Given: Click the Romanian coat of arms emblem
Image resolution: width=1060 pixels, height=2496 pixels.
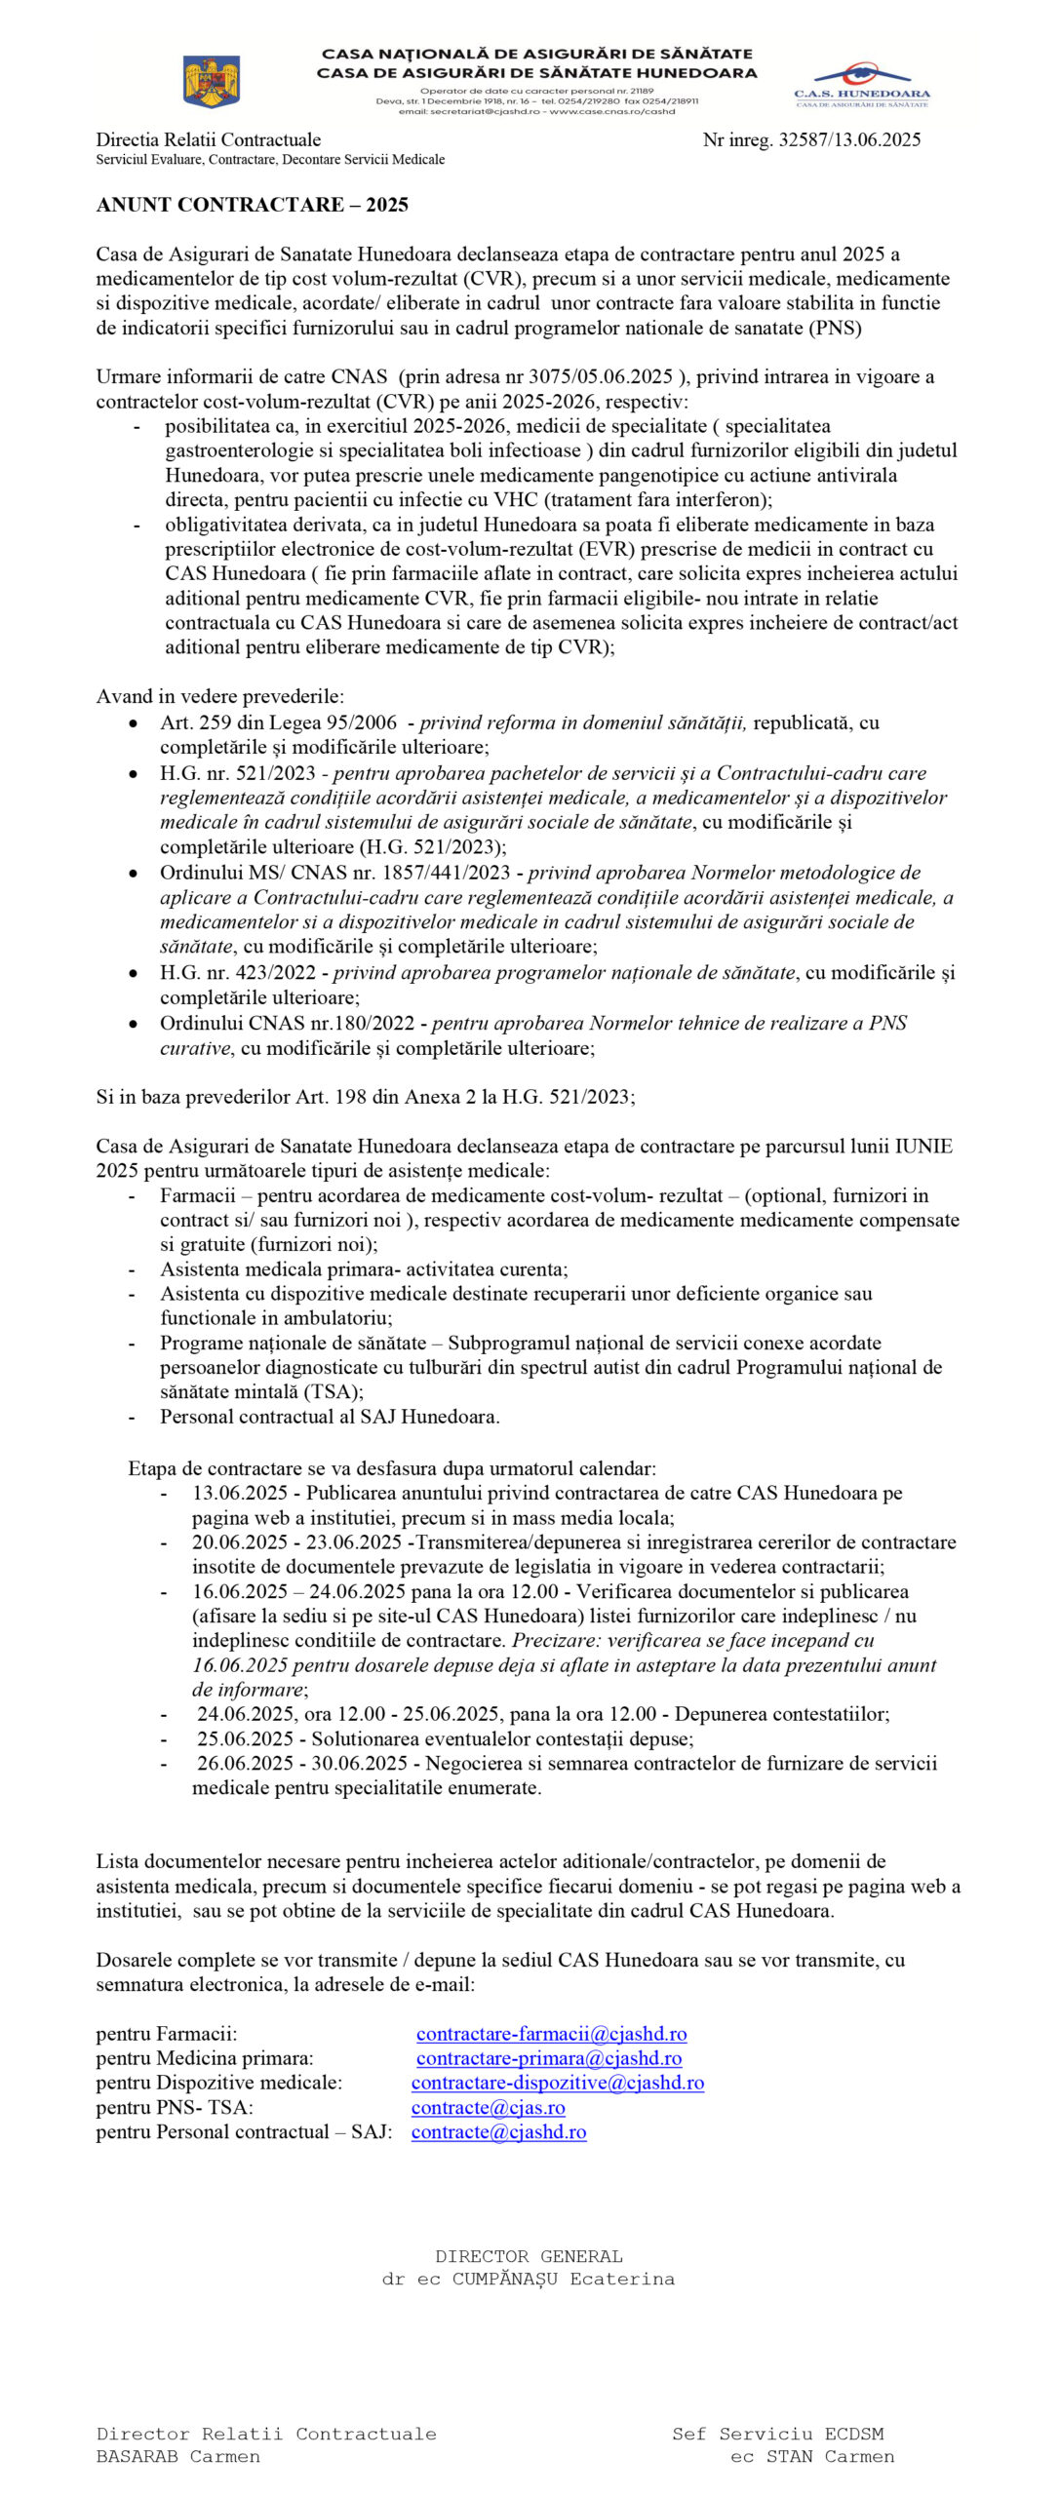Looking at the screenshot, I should point(212,81).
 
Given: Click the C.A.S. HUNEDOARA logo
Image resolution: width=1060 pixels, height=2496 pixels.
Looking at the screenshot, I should point(861,85).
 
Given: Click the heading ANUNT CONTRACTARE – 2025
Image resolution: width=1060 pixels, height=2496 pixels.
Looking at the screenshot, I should point(252,205).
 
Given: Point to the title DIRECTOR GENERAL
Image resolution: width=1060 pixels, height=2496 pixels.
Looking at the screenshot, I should point(529,2255).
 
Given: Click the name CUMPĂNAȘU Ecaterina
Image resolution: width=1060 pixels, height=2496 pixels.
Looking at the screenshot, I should point(563,2279).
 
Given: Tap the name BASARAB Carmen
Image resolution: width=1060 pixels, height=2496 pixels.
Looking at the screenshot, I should point(177,2456).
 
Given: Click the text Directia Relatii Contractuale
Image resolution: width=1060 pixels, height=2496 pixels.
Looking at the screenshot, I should point(208,139).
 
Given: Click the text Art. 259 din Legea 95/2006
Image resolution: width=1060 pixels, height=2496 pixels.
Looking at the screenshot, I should point(279,722).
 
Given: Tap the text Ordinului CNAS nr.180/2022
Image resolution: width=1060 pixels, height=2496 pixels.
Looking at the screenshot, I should point(288,1023).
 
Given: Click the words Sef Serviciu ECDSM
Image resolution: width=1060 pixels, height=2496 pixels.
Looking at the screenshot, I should point(777,2433).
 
